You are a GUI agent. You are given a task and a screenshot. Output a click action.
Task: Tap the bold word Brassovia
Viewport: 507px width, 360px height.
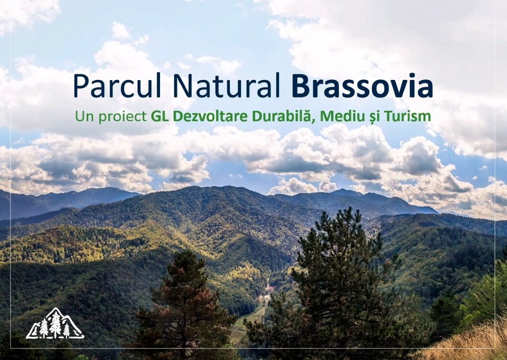[x=362, y=86]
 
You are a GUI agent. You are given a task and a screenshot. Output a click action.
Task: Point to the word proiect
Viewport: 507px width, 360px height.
[x=122, y=117]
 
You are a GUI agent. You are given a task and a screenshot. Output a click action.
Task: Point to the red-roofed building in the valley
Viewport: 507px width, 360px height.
[x=269, y=288]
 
